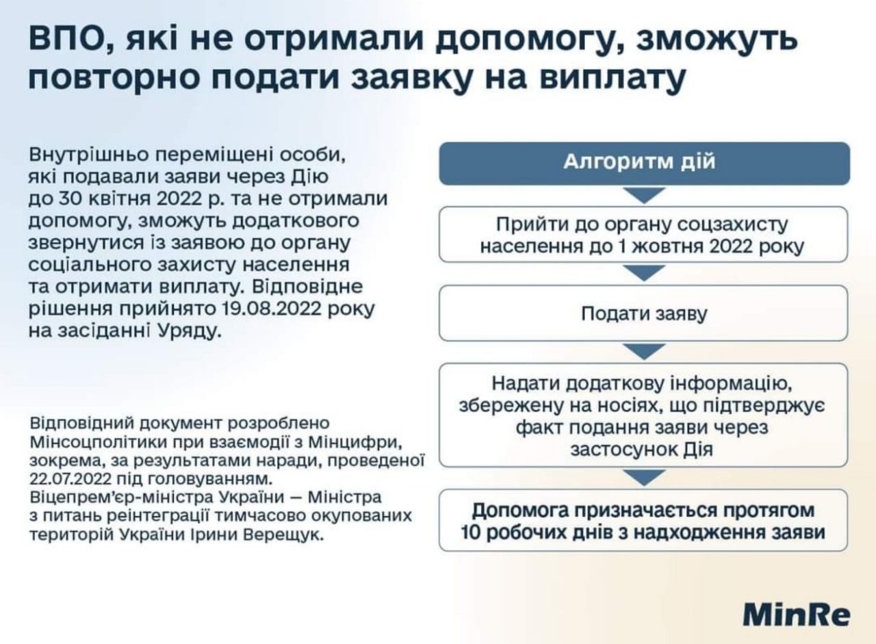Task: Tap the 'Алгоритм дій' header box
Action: pos(645,164)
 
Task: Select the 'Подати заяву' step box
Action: pos(643,313)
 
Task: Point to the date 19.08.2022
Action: pos(272,309)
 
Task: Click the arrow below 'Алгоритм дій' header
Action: pos(644,194)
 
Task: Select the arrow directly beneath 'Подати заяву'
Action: pos(644,350)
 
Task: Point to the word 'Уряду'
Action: pos(190,331)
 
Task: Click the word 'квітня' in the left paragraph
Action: pos(120,198)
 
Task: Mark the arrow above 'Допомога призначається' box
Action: pos(644,477)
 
